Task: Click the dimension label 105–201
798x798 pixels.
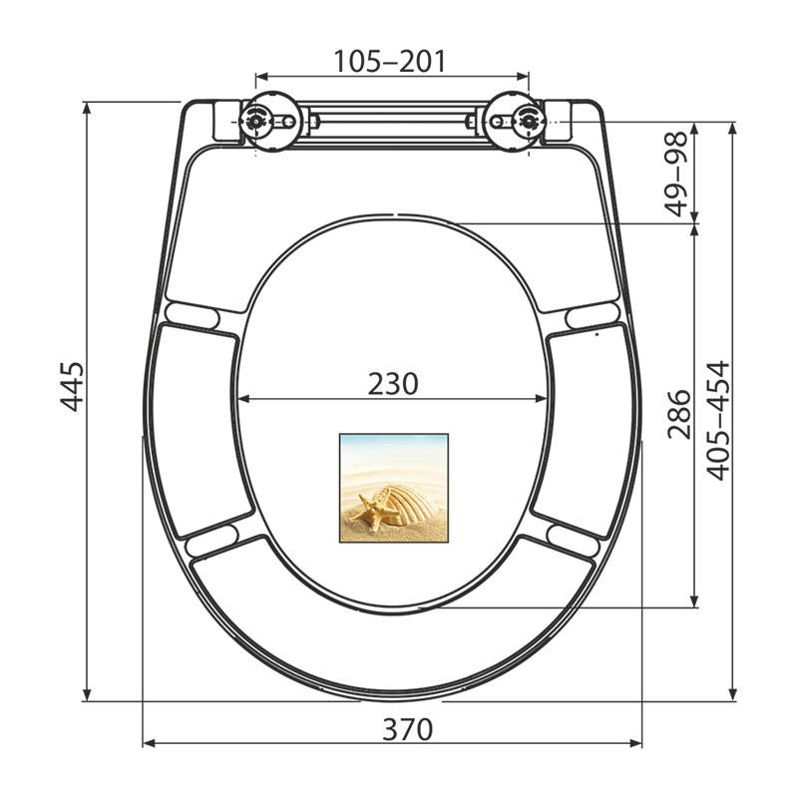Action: [x=390, y=61]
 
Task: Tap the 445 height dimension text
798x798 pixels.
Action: [x=72, y=387]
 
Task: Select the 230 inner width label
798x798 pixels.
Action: [x=393, y=384]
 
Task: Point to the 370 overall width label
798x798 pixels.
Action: [x=408, y=729]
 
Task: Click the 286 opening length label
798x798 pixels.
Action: [x=679, y=415]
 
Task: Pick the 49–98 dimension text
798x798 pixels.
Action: [x=676, y=174]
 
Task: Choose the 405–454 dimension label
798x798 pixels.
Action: [x=718, y=421]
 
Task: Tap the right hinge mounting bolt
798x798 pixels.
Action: [x=530, y=121]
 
